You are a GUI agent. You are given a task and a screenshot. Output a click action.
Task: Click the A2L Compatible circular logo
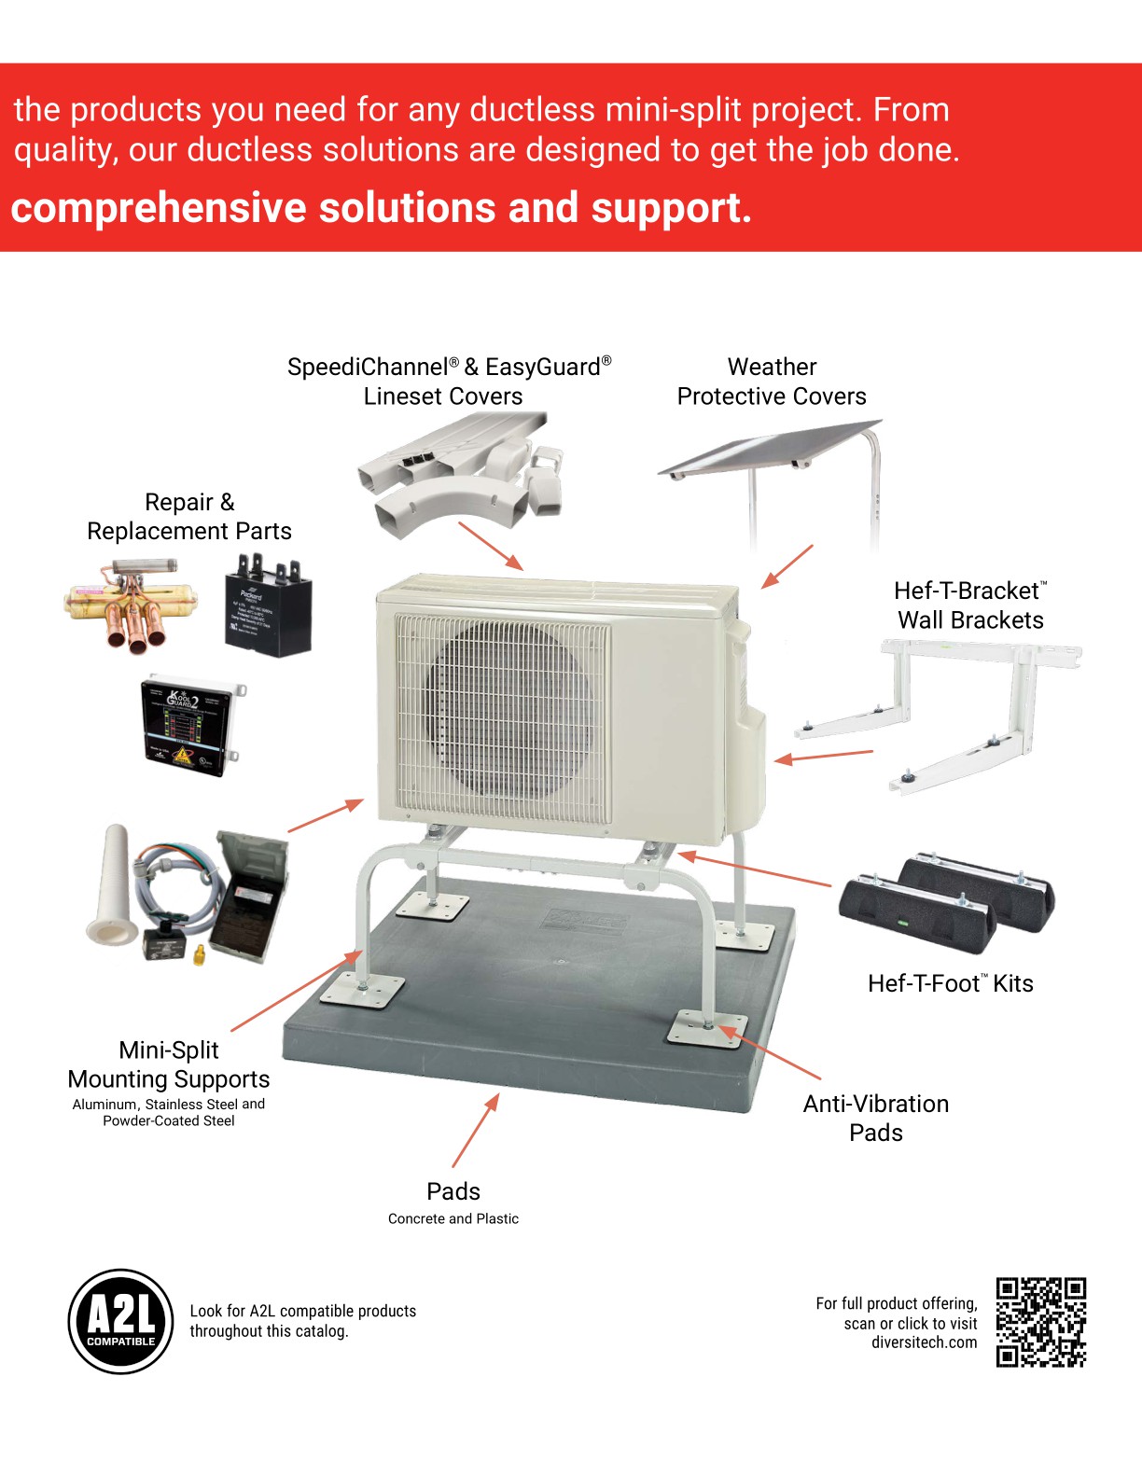pyautogui.click(x=121, y=1321)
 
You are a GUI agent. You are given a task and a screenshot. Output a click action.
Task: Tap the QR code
pyautogui.click(x=1040, y=1322)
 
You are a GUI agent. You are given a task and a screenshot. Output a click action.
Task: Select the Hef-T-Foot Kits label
pyautogui.click(x=950, y=983)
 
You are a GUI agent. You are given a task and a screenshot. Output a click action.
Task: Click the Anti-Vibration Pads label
pyautogui.click(x=875, y=1118)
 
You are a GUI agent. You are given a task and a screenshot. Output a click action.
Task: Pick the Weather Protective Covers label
pyautogui.click(x=772, y=382)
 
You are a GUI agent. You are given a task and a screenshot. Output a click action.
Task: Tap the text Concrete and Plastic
pyautogui.click(x=453, y=1218)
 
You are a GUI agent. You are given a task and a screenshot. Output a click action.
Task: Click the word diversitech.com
pyautogui.click(x=924, y=1342)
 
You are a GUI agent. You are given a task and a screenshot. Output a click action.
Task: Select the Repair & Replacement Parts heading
pyautogui.click(x=189, y=516)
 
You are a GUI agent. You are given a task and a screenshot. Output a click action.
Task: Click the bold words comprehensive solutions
pyautogui.click(x=252, y=208)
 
